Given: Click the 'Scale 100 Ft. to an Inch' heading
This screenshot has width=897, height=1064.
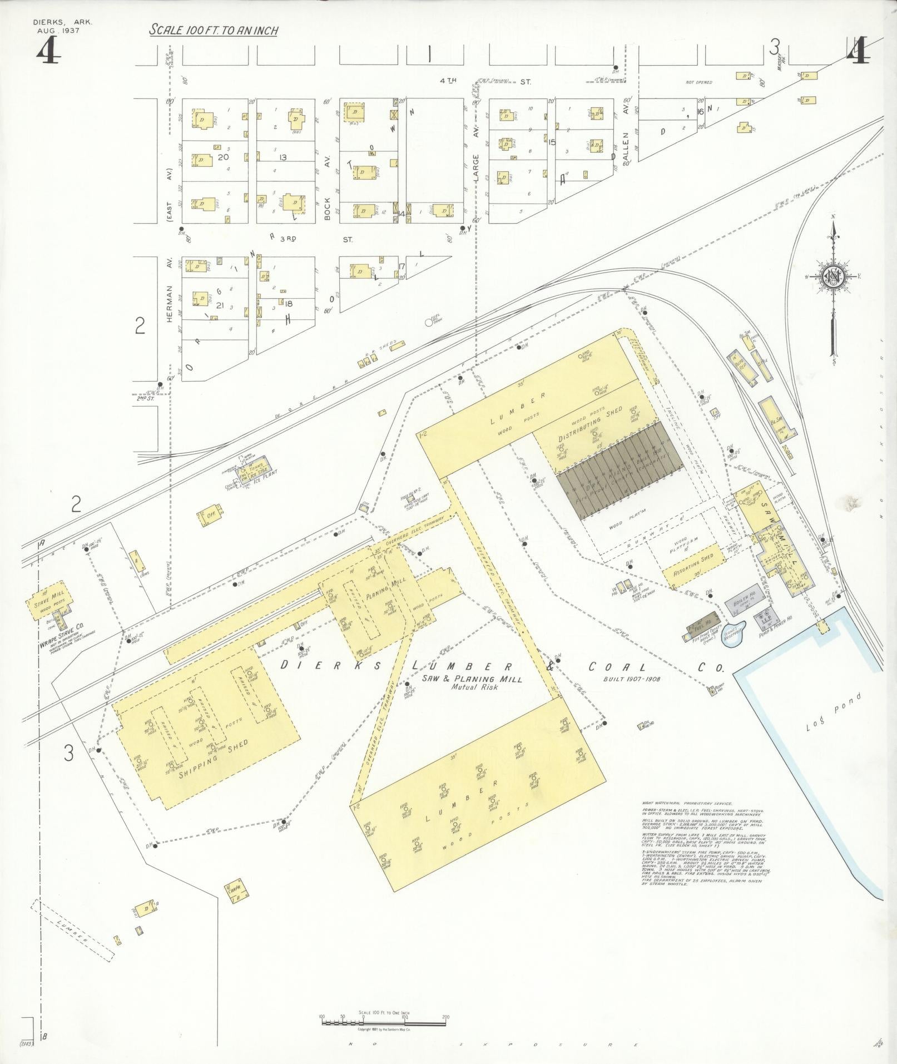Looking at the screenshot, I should (214, 31).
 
